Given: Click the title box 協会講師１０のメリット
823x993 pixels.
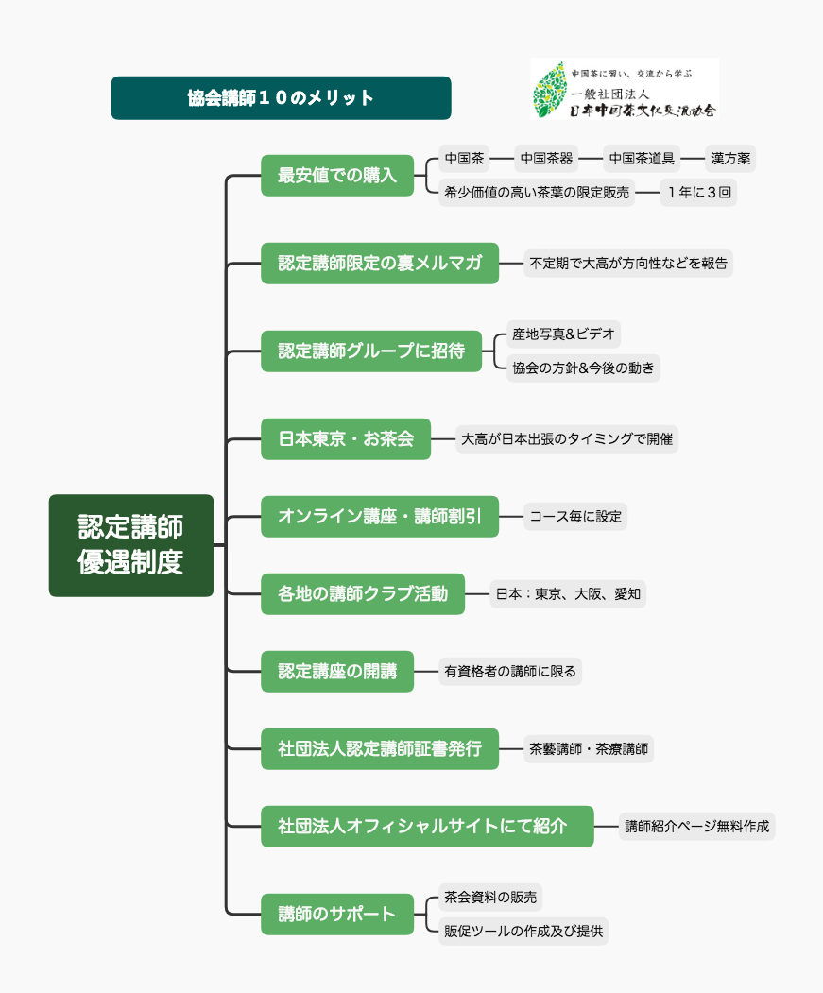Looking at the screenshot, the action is click(x=282, y=98).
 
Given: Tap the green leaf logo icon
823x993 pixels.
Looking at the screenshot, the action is click(x=549, y=90).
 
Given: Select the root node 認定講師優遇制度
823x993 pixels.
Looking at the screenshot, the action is click(x=131, y=545).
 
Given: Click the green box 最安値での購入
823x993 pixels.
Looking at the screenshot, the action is click(x=337, y=176).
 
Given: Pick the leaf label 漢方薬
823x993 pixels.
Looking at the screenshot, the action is click(x=730, y=159).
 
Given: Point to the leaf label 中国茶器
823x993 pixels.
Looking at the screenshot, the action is click(x=546, y=159).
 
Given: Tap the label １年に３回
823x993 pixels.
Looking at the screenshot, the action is click(x=699, y=193).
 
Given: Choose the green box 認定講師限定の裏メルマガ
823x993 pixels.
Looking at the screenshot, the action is click(x=380, y=264).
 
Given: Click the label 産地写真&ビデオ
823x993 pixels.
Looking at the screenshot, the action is click(x=563, y=334).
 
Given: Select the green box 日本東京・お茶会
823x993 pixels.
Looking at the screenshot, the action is click(x=346, y=439).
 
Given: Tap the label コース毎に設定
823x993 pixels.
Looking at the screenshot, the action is click(x=575, y=517).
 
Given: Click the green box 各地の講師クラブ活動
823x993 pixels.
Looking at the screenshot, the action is click(x=363, y=594).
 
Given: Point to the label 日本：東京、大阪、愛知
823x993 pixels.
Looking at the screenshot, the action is click(x=568, y=594).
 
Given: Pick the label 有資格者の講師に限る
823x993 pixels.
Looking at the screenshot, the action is click(x=510, y=671).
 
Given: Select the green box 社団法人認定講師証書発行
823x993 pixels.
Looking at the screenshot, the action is click(x=380, y=749).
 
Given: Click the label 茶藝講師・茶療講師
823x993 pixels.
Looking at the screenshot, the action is click(x=589, y=749).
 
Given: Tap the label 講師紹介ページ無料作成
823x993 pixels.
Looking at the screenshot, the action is click(x=697, y=827).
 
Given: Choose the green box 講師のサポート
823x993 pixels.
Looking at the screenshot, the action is click(x=337, y=915).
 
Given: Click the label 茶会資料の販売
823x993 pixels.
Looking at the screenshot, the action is click(x=490, y=898).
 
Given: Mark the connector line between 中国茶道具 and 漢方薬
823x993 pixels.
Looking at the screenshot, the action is click(x=693, y=159).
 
